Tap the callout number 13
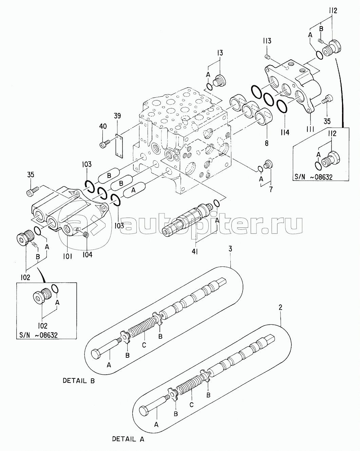pos(220,53)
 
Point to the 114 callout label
pos(285,132)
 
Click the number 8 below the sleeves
pos(267,143)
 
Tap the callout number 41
pos(195,251)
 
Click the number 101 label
pos(67,257)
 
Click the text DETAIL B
pos(78,381)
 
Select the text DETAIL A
pos(128,439)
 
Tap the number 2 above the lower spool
pos(280,307)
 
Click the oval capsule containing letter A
pos(134,191)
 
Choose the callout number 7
pos(270,189)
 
